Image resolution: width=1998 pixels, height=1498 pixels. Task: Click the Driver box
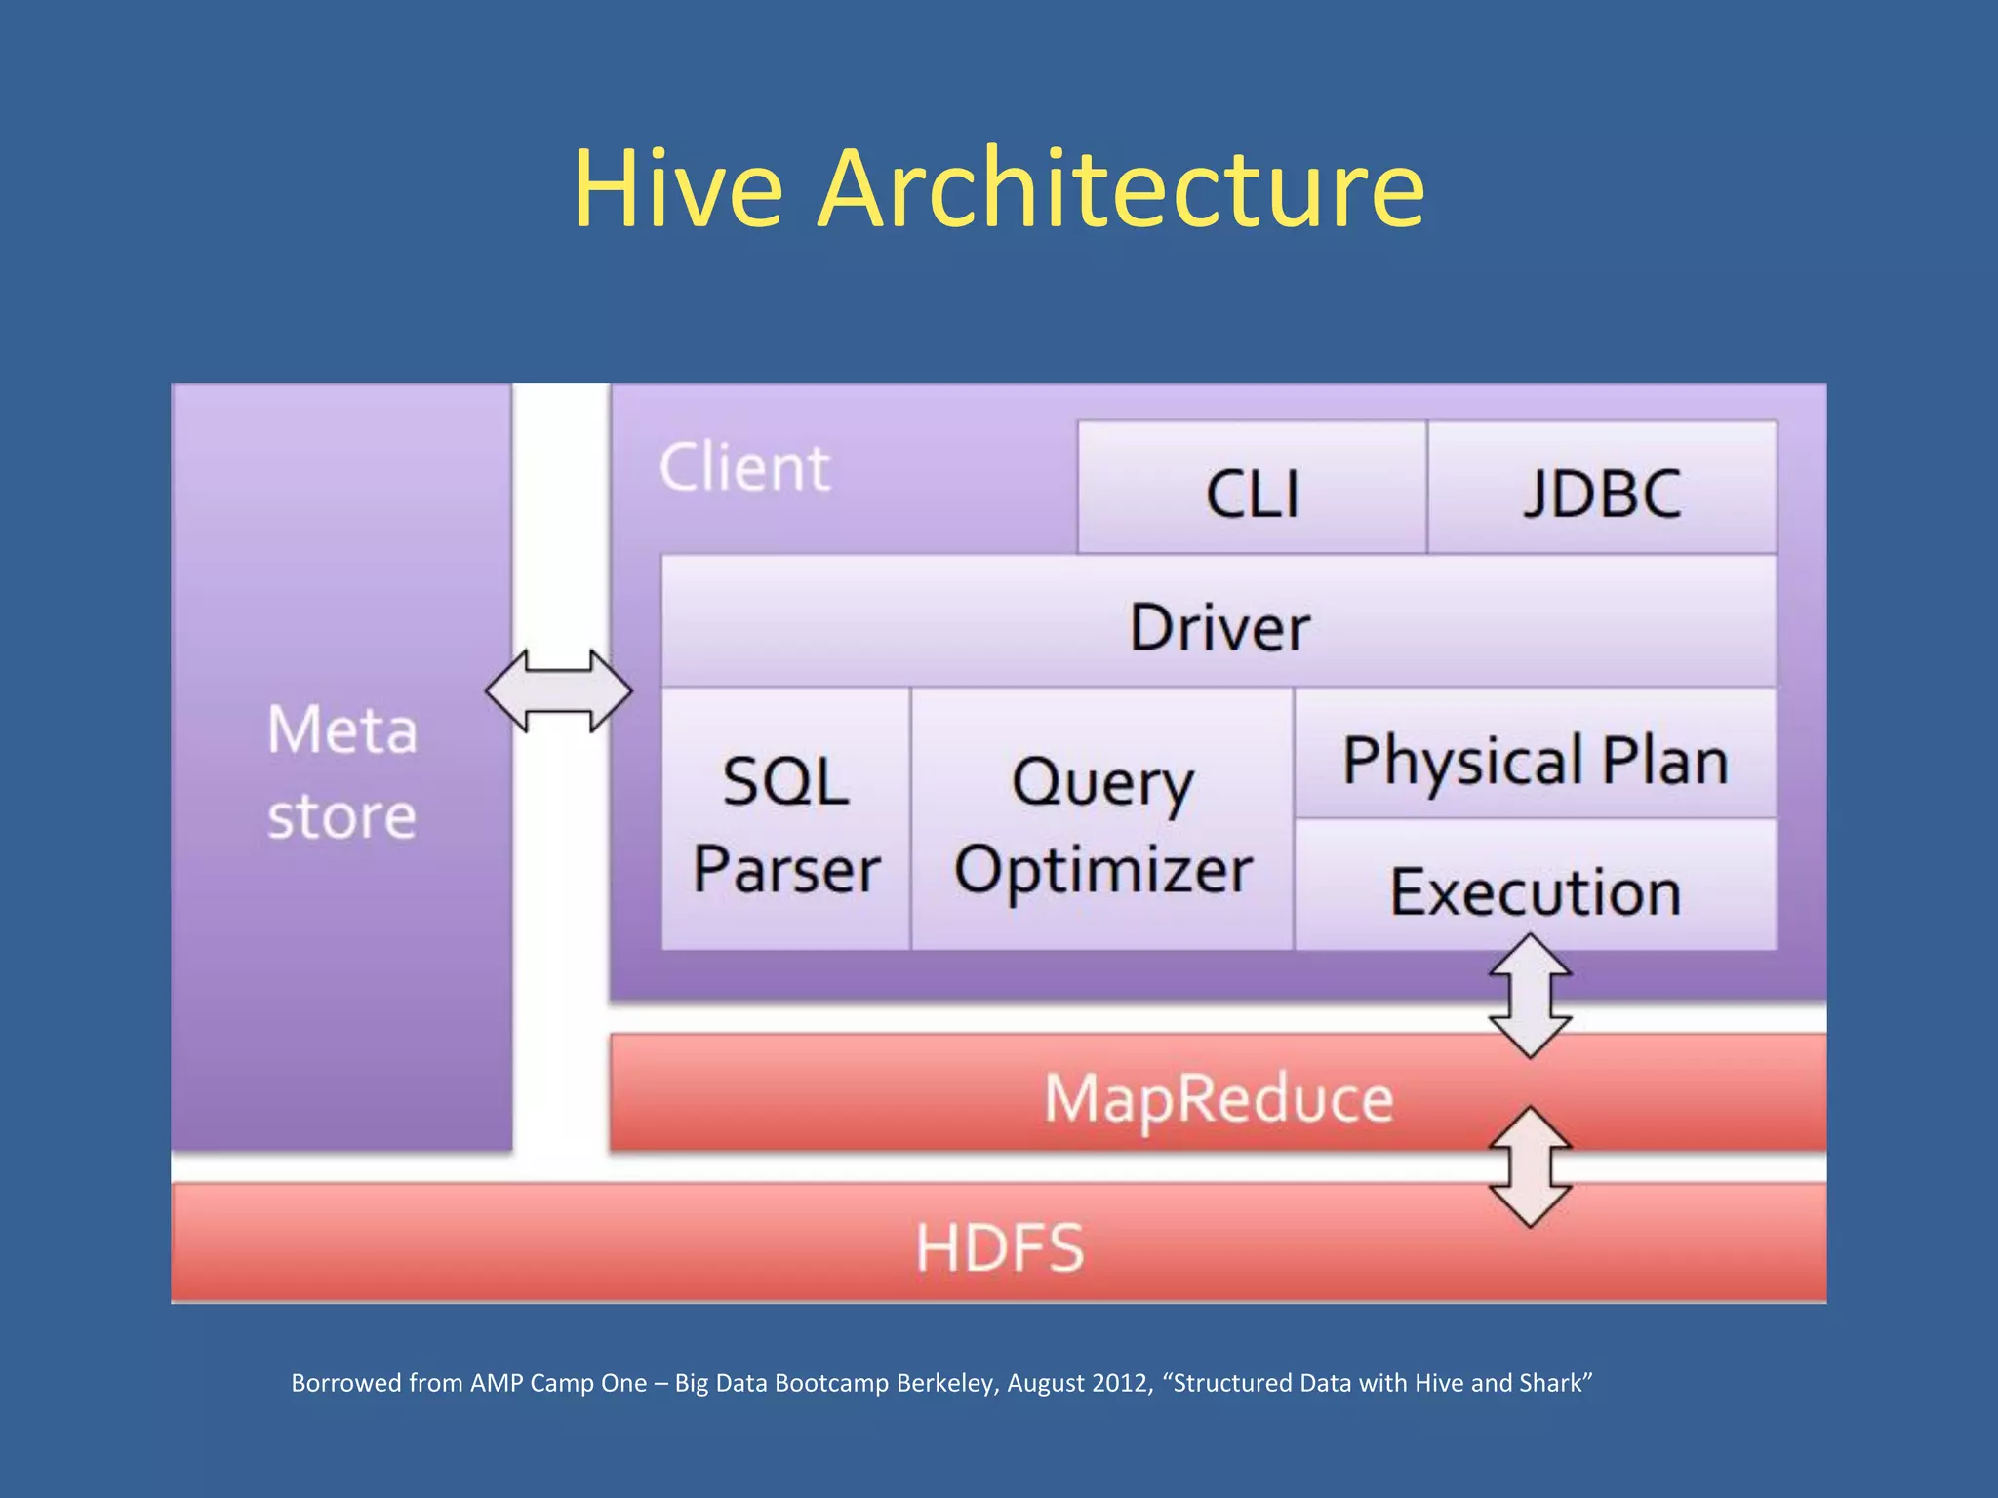coord(1219,624)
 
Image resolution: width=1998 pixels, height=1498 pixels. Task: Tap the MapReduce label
coord(1219,1098)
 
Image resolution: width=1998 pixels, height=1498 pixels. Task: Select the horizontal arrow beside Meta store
coord(559,690)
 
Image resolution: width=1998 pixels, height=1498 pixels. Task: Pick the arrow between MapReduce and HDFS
coord(1530,1166)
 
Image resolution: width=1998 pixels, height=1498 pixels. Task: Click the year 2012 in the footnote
coord(1122,1383)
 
